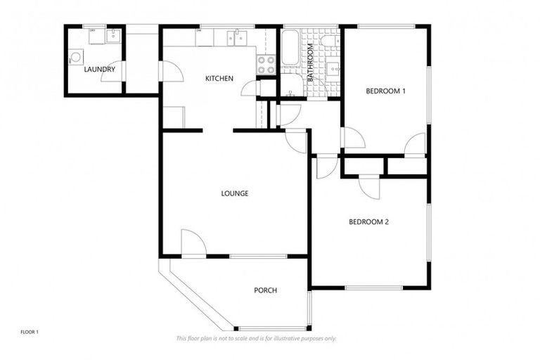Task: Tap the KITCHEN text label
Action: [x=219, y=78]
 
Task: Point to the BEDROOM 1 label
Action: [x=385, y=91]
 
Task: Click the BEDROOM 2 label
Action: [x=369, y=222]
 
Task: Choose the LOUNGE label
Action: [x=234, y=193]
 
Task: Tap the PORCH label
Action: [x=265, y=290]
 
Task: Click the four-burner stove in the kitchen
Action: [x=266, y=65]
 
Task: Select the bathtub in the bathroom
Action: [x=290, y=49]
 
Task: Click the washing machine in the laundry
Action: [x=76, y=59]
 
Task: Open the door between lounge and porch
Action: [x=193, y=243]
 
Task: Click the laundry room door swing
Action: [x=113, y=72]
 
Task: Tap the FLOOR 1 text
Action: [x=29, y=331]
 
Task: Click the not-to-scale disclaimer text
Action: [x=256, y=338]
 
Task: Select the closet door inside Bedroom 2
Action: [x=370, y=186]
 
